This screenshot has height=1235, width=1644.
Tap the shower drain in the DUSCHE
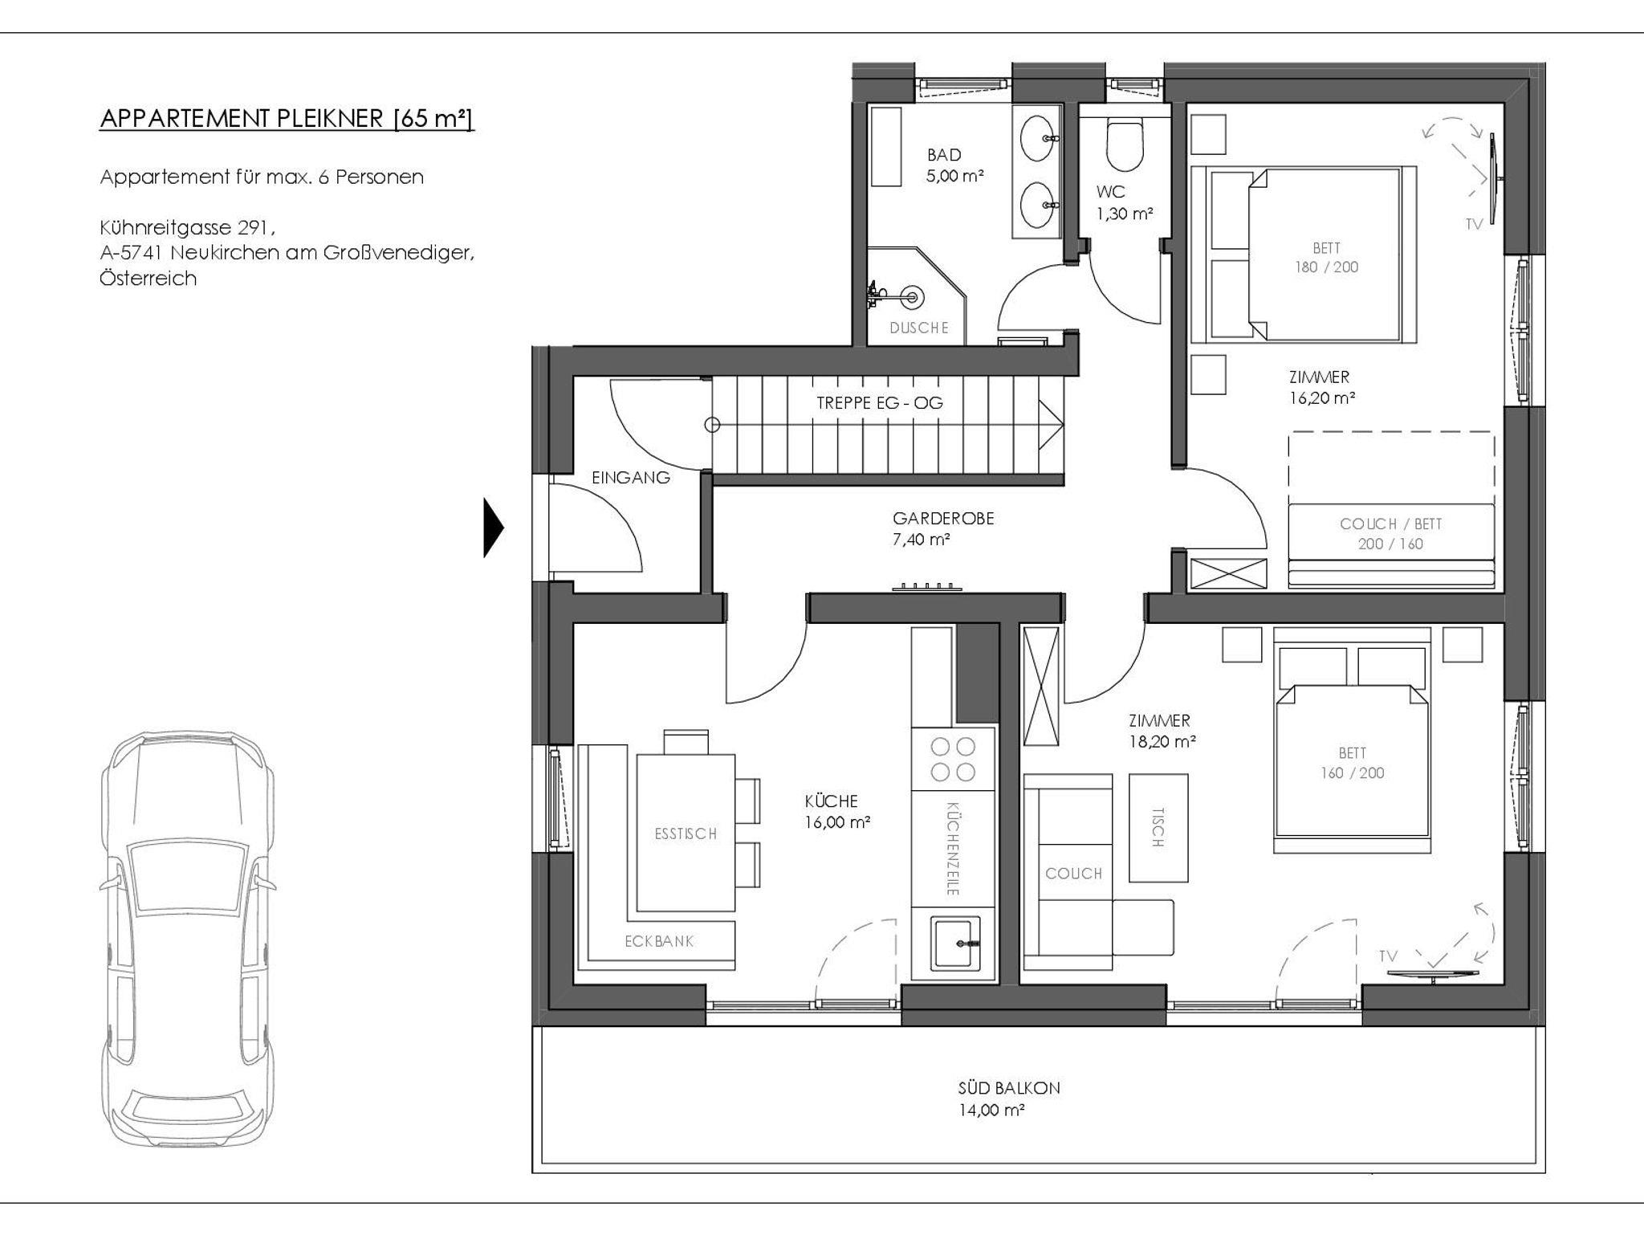coord(911,296)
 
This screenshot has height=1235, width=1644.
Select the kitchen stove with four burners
coord(953,759)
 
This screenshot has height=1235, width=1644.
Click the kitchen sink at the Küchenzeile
coord(954,943)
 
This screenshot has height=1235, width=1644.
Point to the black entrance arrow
coord(493,528)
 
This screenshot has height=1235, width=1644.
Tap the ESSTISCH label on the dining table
coord(686,834)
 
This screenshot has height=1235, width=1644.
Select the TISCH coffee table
coord(1158,828)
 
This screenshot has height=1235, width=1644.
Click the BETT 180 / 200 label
coord(1326,258)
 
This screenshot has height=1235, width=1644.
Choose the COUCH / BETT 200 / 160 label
coord(1391,534)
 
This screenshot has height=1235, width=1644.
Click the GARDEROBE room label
coord(943,518)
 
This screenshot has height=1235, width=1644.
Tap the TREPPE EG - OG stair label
coord(880,402)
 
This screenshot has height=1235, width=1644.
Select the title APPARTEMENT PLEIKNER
coord(242,118)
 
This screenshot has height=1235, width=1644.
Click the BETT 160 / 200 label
coord(1353,763)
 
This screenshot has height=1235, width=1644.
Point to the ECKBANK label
coord(659,941)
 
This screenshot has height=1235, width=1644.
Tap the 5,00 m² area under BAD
coord(955,176)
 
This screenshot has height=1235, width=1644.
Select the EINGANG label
coord(631,477)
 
